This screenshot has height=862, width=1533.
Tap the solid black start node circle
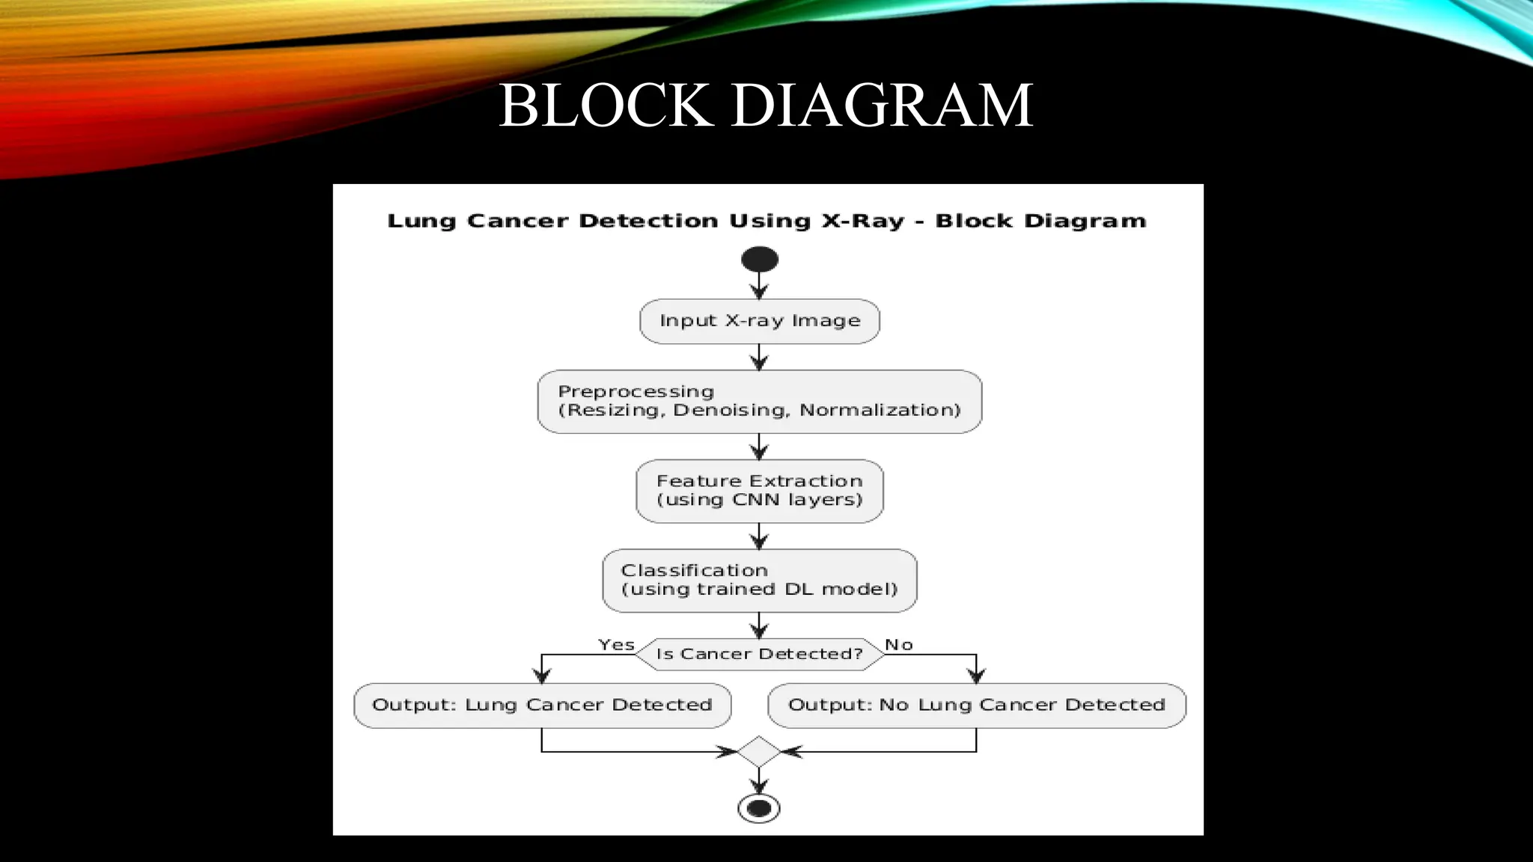click(759, 260)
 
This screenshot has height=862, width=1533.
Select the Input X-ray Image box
click(759, 321)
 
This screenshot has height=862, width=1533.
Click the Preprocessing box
click(759, 401)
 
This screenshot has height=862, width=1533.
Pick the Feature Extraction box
click(759, 491)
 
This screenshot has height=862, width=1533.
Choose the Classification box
click(759, 580)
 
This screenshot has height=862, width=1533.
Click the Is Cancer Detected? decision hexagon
click(759, 654)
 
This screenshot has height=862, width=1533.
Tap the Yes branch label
click(616, 644)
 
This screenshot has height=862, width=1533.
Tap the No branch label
click(898, 644)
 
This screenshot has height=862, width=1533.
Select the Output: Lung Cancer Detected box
click(542, 705)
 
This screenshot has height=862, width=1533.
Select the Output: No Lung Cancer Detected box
click(976, 705)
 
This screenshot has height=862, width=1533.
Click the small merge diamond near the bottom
click(759, 751)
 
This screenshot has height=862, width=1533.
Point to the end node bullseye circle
click(759, 808)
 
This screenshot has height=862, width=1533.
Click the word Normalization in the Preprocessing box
click(880, 410)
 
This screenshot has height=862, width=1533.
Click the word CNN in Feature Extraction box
click(757, 500)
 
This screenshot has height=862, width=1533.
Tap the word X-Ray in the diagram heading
click(863, 221)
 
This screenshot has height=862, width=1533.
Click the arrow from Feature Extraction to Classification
click(759, 536)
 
